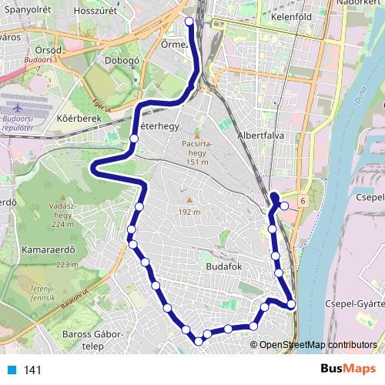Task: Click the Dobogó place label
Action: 120,62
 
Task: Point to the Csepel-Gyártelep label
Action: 354,303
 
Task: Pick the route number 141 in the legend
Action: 32,370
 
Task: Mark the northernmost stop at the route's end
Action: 189,22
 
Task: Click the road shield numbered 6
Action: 303,200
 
